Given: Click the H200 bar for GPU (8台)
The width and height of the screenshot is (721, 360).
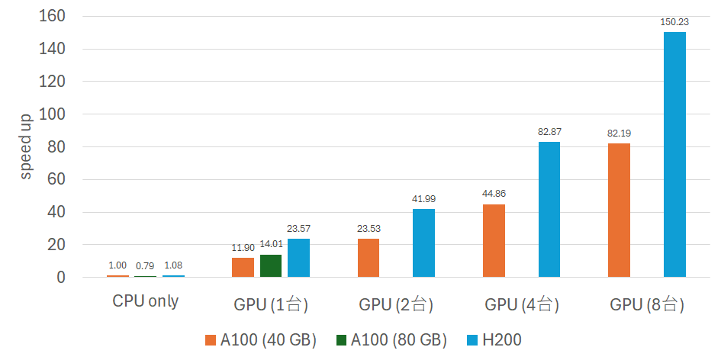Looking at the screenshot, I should click(674, 154).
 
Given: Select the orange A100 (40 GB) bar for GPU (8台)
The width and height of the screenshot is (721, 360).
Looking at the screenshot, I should click(619, 210).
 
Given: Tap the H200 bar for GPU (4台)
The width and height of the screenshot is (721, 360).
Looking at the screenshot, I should click(549, 209).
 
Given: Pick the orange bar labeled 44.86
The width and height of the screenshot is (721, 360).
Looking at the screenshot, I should click(494, 240).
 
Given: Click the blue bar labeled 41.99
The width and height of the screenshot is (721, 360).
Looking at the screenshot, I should click(423, 243).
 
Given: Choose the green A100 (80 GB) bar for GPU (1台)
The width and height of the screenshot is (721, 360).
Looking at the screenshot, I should click(271, 265).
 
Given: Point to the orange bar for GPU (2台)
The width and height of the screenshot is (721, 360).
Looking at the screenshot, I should click(369, 258).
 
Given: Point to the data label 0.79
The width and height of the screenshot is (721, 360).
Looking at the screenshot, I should click(146, 266).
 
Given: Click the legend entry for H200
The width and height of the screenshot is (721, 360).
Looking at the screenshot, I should click(494, 340).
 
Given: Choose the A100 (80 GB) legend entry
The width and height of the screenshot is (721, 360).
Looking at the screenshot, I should click(386, 340).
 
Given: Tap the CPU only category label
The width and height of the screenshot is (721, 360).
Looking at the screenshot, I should click(145, 301).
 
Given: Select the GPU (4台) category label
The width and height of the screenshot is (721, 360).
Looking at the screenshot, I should click(522, 306).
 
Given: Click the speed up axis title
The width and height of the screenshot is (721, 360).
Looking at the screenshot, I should click(26, 146).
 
